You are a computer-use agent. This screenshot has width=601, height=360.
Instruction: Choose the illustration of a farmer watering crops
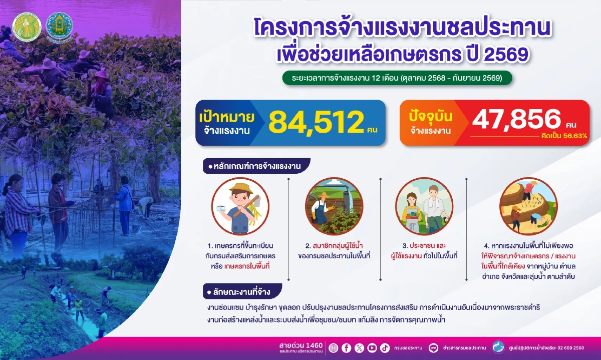[333, 206]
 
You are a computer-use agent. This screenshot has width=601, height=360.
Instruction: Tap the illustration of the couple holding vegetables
[424, 206]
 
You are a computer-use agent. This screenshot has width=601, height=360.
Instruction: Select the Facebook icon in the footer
[346, 347]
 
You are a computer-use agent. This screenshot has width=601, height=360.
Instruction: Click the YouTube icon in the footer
[372, 347]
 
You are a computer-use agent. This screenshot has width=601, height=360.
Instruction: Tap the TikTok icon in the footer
[384, 347]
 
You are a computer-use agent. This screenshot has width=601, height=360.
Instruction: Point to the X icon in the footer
[359, 347]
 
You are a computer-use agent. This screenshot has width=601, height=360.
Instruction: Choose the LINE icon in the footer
[434, 347]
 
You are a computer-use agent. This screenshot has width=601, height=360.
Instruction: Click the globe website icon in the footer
[334, 347]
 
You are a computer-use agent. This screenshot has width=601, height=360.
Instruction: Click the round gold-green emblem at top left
[26, 26]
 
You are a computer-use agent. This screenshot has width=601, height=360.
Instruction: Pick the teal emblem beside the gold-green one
[59, 27]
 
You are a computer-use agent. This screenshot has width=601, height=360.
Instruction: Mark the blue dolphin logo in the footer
[497, 347]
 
